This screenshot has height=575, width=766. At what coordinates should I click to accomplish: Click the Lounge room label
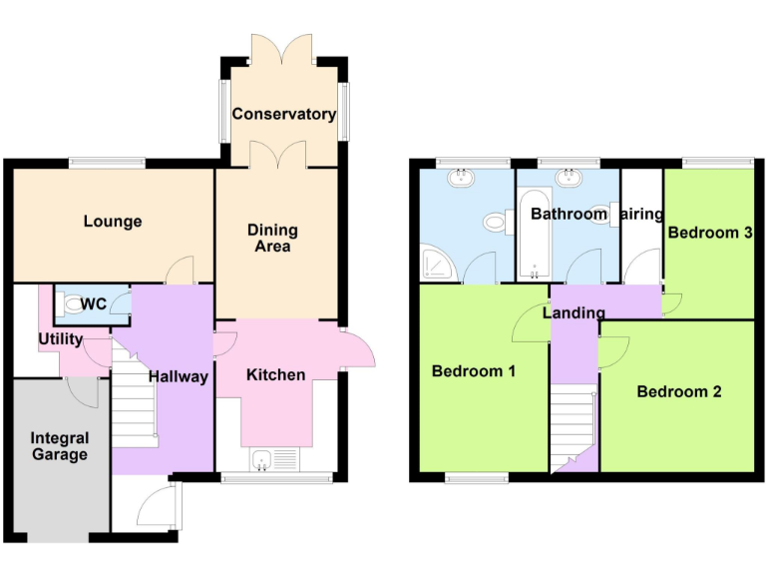point(113,222)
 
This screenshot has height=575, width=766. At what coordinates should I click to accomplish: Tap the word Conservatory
point(283,114)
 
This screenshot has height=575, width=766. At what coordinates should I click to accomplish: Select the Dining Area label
point(272,239)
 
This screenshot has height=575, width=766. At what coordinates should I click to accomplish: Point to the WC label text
point(94,303)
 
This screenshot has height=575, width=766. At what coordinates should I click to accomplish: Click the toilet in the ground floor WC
point(68,303)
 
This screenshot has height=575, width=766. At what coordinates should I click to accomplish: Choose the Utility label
point(60,339)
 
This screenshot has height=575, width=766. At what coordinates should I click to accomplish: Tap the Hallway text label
point(179,376)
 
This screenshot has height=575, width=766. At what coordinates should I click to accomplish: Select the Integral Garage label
point(59,446)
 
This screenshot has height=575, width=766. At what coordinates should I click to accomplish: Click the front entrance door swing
point(158,507)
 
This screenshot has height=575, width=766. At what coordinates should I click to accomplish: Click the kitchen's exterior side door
point(357,348)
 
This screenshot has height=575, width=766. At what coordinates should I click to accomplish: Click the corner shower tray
point(436,265)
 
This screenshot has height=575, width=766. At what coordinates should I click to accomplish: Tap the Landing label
point(574,312)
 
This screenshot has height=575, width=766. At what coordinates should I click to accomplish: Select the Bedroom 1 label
point(473,371)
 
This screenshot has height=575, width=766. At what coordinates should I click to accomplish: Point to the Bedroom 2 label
point(678,391)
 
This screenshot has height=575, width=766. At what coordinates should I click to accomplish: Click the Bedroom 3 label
point(709,233)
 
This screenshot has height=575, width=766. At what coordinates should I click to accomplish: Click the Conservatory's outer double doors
point(283,47)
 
